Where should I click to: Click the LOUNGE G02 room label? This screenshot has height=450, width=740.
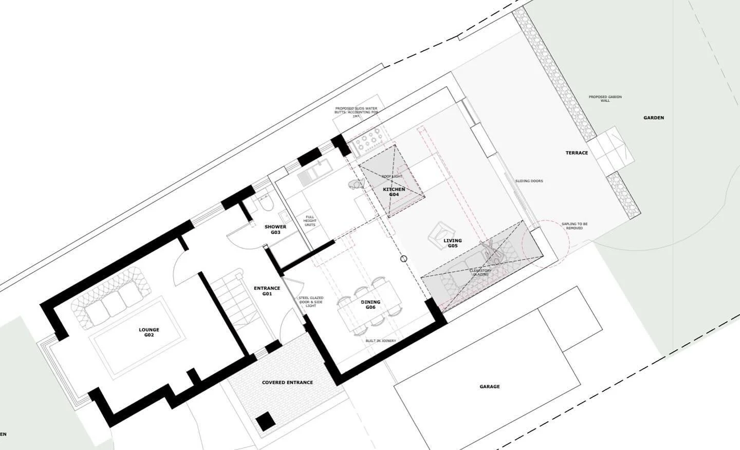click(149, 332)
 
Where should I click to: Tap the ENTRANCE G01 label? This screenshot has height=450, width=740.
click(267, 291)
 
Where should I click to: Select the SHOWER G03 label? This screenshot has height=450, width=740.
click(275, 230)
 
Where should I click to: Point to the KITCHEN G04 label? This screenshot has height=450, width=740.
click(394, 192)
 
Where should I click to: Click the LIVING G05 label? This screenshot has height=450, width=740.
click(452, 243)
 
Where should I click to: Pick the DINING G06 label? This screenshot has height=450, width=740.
click(370, 305)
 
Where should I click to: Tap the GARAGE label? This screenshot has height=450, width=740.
click(489, 387)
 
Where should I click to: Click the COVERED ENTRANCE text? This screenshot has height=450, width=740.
click(287, 383)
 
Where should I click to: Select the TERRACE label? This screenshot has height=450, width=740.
click(577, 153)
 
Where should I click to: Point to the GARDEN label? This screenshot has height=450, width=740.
click(654, 118)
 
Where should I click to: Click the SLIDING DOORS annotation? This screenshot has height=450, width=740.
click(529, 181)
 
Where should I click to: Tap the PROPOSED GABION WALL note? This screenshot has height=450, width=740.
click(605, 99)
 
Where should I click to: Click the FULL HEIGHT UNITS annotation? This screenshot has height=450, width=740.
click(310, 221)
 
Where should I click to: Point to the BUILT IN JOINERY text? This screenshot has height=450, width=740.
click(381, 341)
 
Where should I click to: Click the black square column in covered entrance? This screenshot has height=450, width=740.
click(266, 422)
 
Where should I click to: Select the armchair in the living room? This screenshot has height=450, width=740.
click(440, 235)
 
